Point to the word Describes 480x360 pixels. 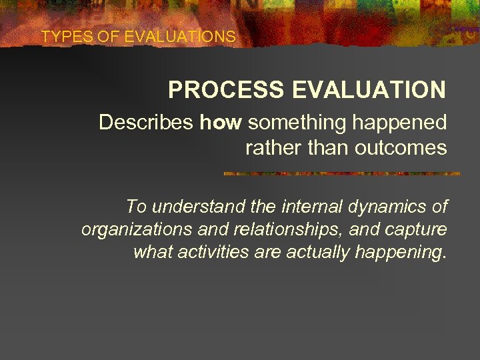click(x=146, y=123)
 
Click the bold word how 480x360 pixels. click(x=221, y=123)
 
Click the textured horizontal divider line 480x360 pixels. click(x=341, y=173)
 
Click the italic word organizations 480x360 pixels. click(x=134, y=230)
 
